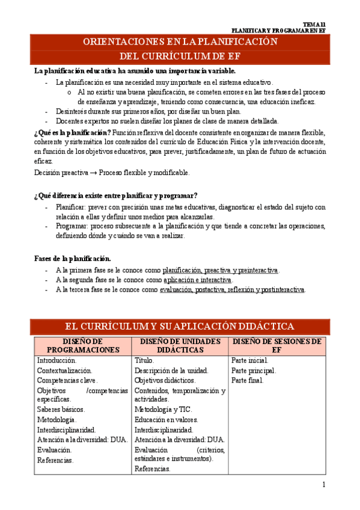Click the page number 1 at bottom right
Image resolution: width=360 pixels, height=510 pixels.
point(323,485)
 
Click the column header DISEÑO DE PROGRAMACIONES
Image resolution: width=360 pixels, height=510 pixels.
point(83,345)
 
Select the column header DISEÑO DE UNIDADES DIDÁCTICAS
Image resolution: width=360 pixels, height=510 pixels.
point(180,345)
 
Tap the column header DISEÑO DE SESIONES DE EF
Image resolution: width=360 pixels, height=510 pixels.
point(277,345)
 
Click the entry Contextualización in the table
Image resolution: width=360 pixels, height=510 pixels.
point(64,370)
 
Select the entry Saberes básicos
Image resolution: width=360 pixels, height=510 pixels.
point(61,409)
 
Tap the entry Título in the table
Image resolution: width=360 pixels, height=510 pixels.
point(144,360)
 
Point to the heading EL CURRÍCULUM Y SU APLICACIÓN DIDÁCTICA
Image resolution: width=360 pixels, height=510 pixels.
point(180,326)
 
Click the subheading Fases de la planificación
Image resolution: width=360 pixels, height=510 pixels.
point(73,259)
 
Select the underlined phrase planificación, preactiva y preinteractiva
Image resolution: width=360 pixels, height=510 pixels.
point(221,270)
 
